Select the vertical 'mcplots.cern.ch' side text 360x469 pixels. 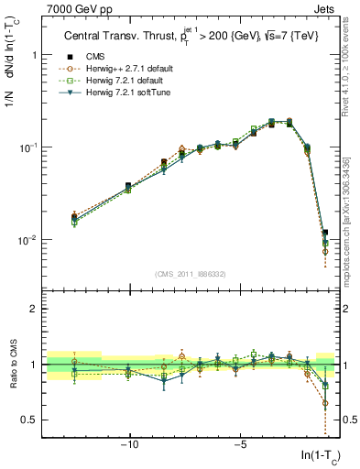click(351, 229)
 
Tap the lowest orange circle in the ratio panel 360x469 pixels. click(325, 402)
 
